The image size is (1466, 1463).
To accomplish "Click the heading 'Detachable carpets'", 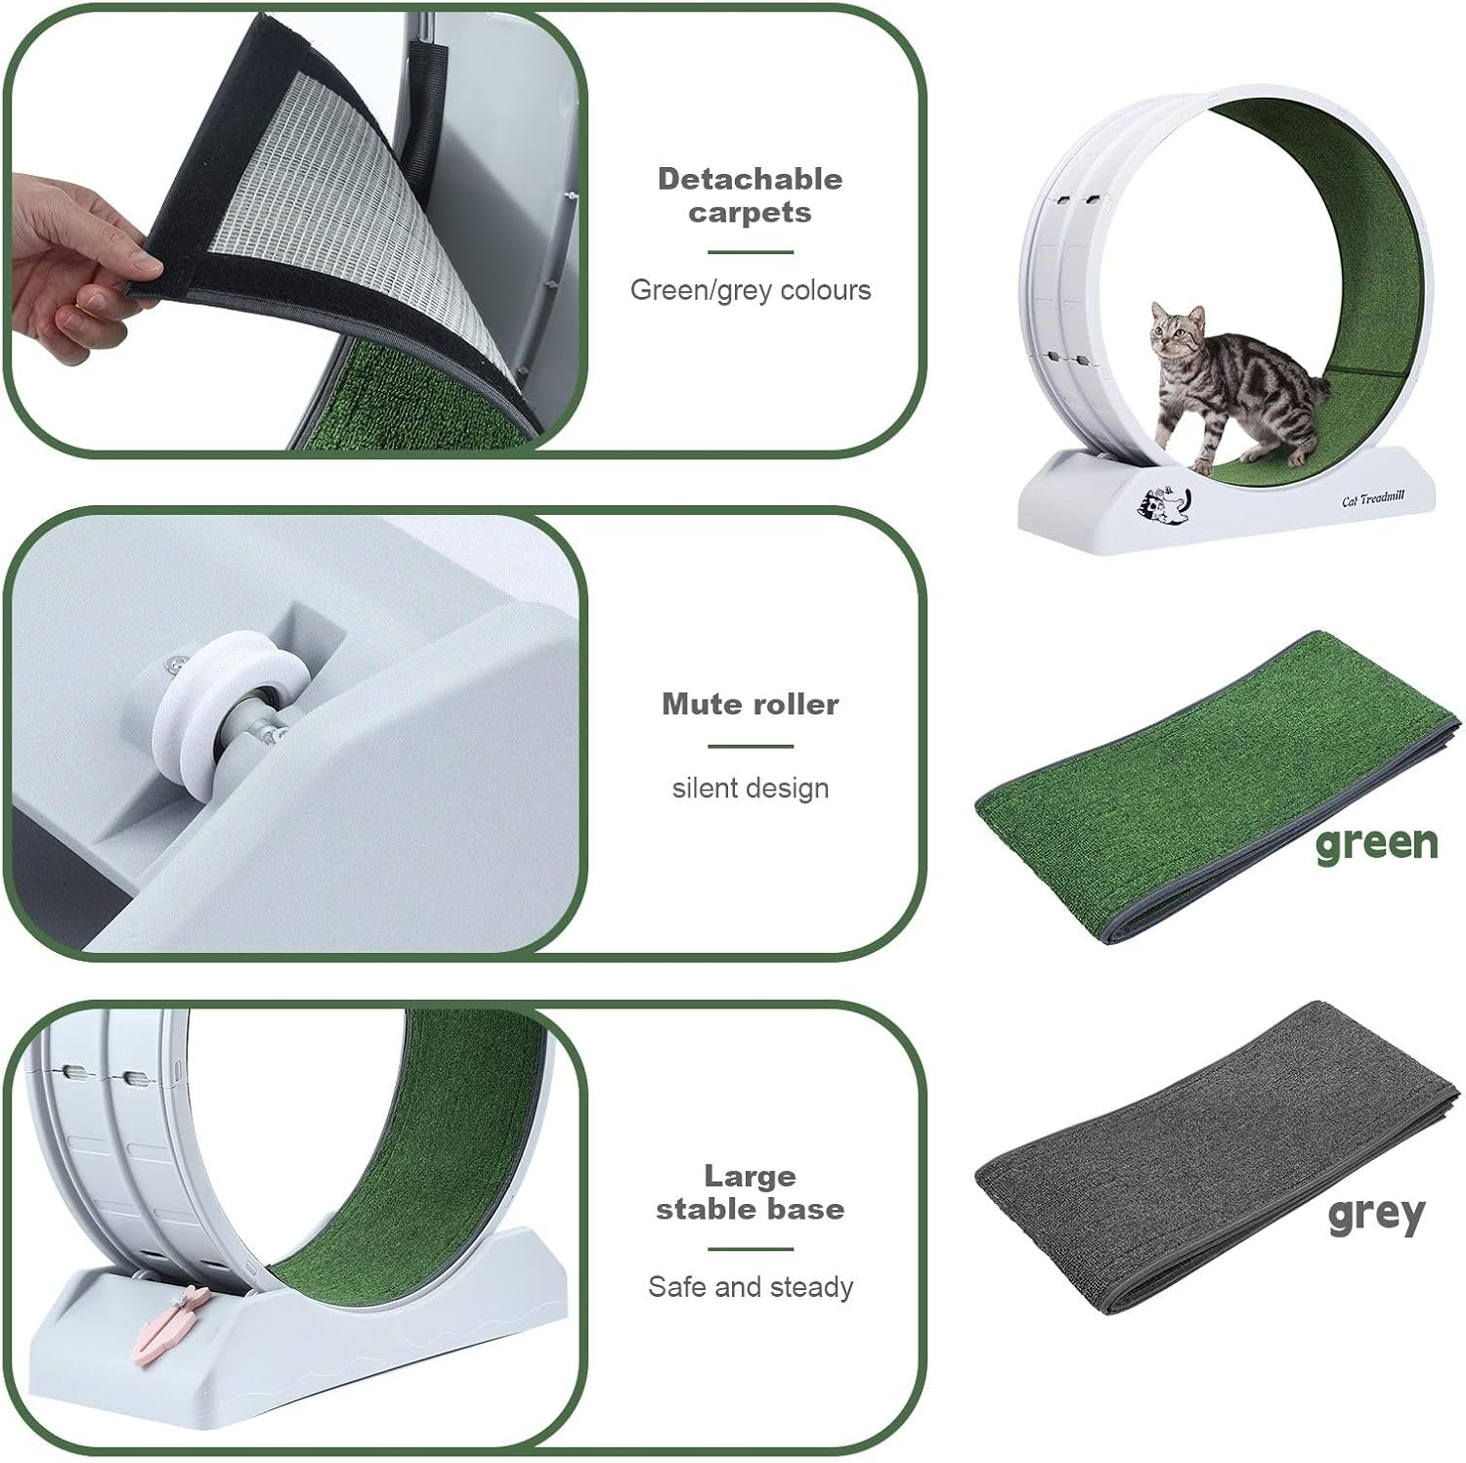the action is pyautogui.click(x=750, y=195).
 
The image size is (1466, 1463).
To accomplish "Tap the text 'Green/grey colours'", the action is pyautogui.click(x=750, y=290).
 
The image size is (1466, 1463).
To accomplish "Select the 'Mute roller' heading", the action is pyautogui.click(x=750, y=704).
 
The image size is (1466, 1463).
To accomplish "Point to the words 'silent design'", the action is pyautogui.click(x=750, y=788).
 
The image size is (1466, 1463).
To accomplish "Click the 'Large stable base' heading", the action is pyautogui.click(x=750, y=1192).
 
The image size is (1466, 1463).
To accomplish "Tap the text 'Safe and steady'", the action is pyautogui.click(x=750, y=1287).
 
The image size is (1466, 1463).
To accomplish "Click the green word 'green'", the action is pyautogui.click(x=1376, y=843).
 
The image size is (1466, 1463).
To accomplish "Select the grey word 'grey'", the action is pyautogui.click(x=1376, y=1215).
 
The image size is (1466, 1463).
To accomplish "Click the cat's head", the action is pyautogui.click(x=1176, y=330).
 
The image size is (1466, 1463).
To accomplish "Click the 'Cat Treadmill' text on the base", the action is pyautogui.click(x=1372, y=499).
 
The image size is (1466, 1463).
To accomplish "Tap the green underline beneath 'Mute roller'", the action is pyautogui.click(x=750, y=747).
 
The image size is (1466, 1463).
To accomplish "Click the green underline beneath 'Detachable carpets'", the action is pyautogui.click(x=750, y=252).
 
